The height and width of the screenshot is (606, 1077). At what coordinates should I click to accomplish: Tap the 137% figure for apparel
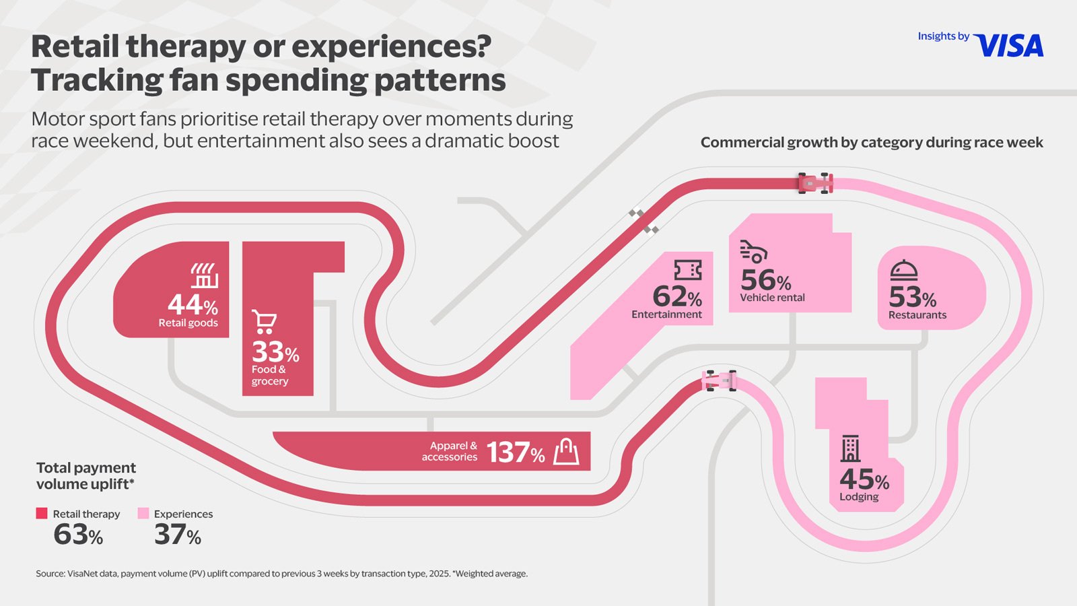516,452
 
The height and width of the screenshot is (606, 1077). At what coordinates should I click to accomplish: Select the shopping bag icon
566,451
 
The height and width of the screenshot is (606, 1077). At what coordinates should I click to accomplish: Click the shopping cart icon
264,322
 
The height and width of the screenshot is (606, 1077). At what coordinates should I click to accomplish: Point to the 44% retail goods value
193,305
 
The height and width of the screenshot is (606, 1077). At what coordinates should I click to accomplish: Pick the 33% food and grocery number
275,352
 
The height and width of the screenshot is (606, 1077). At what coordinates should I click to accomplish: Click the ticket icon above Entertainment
687,270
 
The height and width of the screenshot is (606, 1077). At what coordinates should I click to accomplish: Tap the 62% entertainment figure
677,296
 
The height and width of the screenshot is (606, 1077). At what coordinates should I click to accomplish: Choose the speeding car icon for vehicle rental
753,251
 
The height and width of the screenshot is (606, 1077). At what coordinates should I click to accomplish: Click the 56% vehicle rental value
765,280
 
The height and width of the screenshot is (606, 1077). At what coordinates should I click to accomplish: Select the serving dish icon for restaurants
903,271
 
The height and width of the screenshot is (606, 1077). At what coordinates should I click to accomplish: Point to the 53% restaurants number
912,297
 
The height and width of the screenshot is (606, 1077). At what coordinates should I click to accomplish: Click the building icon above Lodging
850,448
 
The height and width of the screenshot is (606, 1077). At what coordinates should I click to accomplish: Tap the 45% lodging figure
864,480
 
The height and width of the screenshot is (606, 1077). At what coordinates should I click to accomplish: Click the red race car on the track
815,183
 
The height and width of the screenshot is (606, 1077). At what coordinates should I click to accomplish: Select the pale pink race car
719,380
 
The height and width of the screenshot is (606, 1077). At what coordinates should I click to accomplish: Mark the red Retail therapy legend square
42,513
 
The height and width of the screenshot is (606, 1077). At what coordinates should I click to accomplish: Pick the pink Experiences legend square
143,513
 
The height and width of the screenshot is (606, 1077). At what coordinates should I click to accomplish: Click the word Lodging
859,497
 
